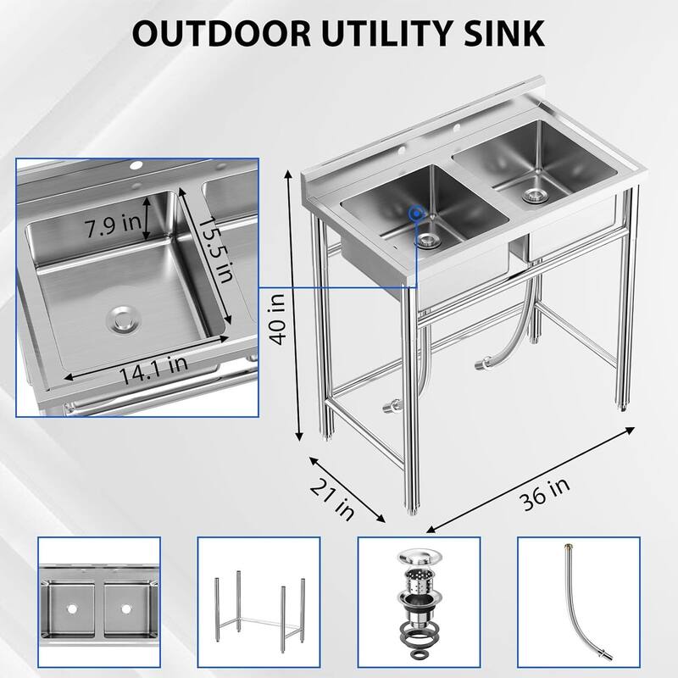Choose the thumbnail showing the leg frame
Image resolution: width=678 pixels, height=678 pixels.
[x=258, y=603]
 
